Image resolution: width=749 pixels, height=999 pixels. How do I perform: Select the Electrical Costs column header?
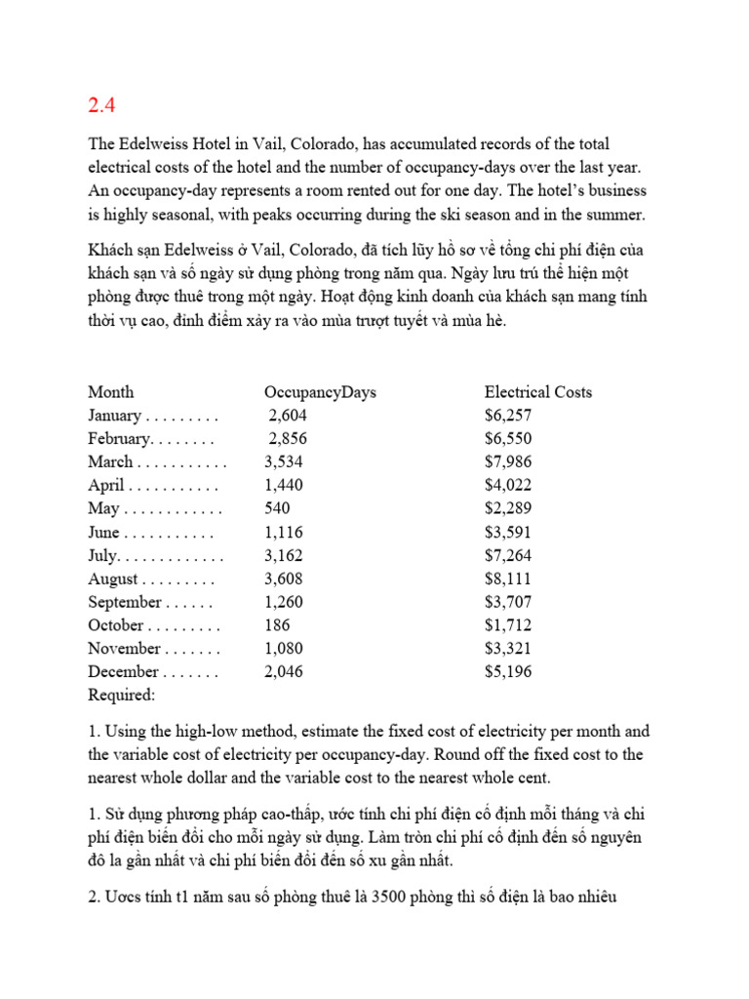pyautogui.click(x=537, y=392)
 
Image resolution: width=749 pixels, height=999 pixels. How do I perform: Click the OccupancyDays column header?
pyautogui.click(x=320, y=392)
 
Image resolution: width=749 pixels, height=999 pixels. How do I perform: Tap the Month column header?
pyautogui.click(x=111, y=392)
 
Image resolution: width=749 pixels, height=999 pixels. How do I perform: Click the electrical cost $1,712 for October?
pyautogui.click(x=508, y=625)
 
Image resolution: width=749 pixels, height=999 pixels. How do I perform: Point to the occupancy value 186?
pyautogui.click(x=277, y=625)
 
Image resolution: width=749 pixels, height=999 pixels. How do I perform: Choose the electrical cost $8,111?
pyautogui.click(x=508, y=579)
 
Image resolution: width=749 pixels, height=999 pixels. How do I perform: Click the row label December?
pyautogui.click(x=123, y=672)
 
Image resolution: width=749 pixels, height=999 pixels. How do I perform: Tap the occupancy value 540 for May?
pyautogui.click(x=277, y=509)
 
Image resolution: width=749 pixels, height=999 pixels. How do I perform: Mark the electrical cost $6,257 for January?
pyautogui.click(x=508, y=416)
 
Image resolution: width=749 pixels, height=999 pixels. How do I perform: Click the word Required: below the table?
pyautogui.click(x=122, y=696)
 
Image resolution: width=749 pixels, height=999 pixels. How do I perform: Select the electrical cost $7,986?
pyautogui.click(x=508, y=462)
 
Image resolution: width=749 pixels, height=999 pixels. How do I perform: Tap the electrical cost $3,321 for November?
pyautogui.click(x=508, y=649)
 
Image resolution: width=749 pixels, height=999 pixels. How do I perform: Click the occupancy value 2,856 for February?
pyautogui.click(x=288, y=439)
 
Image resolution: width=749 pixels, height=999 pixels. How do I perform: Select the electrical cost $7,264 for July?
pyautogui.click(x=508, y=556)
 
